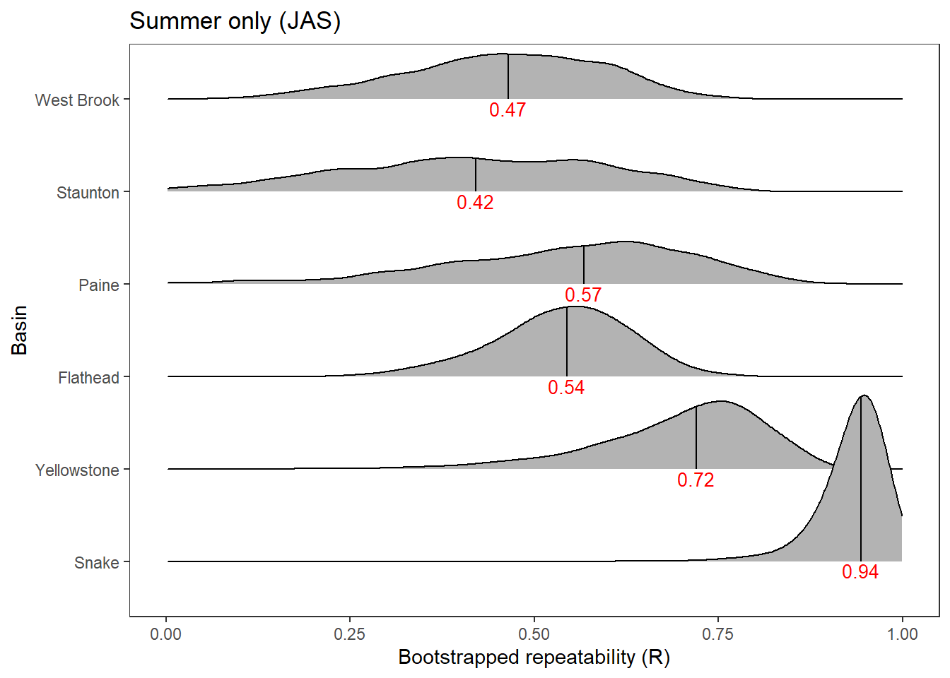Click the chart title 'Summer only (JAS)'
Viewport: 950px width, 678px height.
(235, 21)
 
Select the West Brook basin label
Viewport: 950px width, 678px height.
(77, 100)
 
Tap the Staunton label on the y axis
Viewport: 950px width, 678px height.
(88, 193)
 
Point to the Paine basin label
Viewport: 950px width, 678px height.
(99, 285)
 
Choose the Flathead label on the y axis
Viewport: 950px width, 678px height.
(88, 378)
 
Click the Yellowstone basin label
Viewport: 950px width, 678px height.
(77, 470)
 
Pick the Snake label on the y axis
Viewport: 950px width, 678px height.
(97, 563)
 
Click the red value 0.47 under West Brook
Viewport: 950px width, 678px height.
(508, 110)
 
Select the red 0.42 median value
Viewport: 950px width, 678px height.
(475, 203)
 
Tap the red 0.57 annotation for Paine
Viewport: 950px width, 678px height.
(583, 295)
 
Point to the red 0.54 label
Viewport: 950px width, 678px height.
(566, 388)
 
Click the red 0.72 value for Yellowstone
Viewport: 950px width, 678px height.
(696, 480)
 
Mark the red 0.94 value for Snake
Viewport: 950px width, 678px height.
(860, 572)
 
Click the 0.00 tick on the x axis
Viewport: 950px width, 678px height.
(166, 634)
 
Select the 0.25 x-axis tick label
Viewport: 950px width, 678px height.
(350, 634)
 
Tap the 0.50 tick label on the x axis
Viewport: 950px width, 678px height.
(534, 634)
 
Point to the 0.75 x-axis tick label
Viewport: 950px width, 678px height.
(718, 634)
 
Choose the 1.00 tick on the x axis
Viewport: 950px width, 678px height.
(903, 634)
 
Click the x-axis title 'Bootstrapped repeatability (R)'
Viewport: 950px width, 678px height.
(534, 658)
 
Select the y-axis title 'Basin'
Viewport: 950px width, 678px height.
(20, 330)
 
